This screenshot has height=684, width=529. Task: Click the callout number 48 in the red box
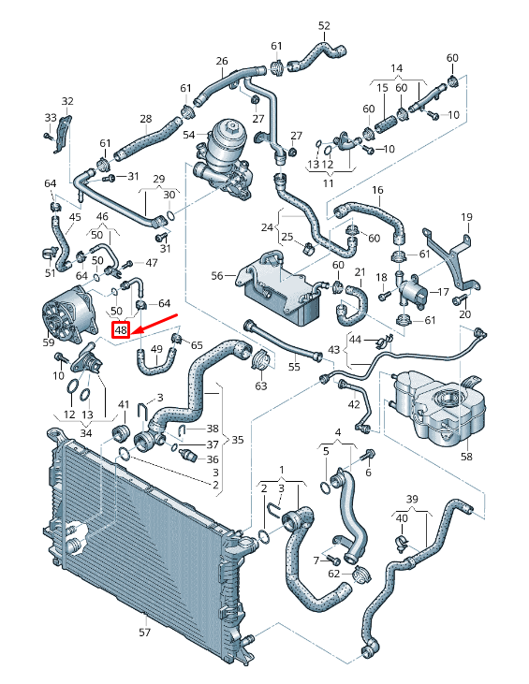(121, 329)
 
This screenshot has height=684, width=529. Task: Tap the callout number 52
(324, 26)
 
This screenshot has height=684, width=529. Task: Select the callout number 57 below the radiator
(145, 633)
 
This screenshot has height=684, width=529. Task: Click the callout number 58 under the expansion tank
(466, 458)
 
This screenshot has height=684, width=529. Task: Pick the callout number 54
(189, 135)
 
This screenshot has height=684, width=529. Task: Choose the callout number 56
(217, 276)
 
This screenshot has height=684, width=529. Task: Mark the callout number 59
(49, 342)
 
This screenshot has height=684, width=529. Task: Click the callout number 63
(260, 386)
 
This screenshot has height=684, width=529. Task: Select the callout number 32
(66, 101)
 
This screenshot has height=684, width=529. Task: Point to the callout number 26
(222, 62)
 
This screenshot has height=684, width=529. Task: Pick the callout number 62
(333, 573)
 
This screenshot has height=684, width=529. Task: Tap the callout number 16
(378, 191)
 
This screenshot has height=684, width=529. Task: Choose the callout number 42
(353, 404)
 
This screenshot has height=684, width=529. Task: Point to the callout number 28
(145, 119)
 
